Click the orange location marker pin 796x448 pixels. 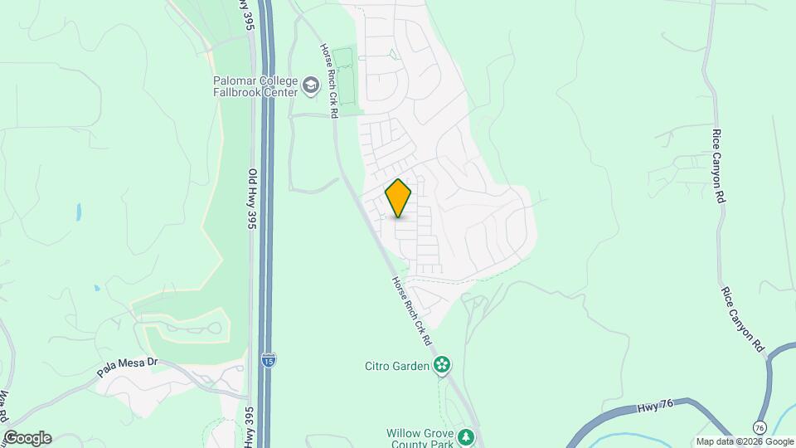(398, 197)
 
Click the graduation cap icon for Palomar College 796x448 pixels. (311, 85)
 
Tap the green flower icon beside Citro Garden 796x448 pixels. (444, 364)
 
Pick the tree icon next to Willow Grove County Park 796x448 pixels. (467, 436)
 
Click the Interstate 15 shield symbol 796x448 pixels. (269, 360)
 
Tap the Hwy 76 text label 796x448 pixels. (655, 408)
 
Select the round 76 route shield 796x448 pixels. (760, 426)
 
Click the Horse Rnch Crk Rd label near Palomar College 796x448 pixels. (329, 80)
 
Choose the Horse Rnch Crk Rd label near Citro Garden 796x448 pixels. (412, 311)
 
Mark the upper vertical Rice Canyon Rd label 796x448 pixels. (719, 166)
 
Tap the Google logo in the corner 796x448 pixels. (27, 438)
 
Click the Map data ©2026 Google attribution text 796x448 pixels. (745, 441)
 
